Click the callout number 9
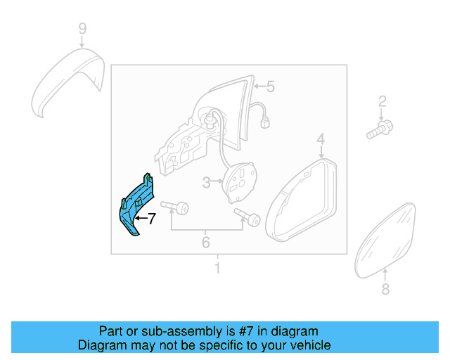pyautogui.click(x=82, y=29)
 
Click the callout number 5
pyautogui.click(x=270, y=87)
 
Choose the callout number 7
pyautogui.click(x=150, y=219)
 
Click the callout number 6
pyautogui.click(x=206, y=243)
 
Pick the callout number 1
pyautogui.click(x=217, y=268)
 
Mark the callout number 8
pyautogui.click(x=385, y=289)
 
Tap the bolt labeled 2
pyautogui.click(x=380, y=129)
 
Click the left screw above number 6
pyautogui.click(x=176, y=207)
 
